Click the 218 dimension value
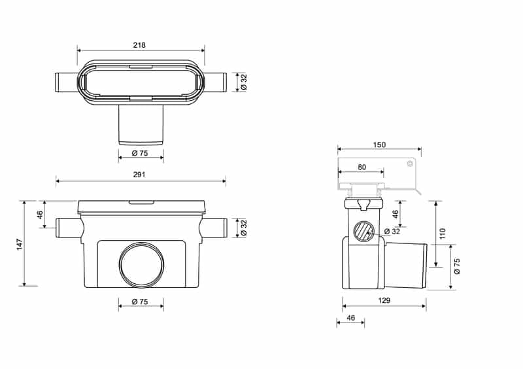(139, 44)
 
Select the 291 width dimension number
(139, 175)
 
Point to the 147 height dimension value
(20, 244)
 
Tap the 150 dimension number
(379, 145)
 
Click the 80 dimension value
(362, 167)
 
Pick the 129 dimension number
(384, 300)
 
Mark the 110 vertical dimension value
(443, 234)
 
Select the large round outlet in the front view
(141, 264)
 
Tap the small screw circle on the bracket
(410, 164)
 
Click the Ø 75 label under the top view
(140, 153)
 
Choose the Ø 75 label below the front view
(140, 302)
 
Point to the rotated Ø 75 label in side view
(457, 266)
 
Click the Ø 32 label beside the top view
(244, 82)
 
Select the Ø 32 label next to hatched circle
(392, 231)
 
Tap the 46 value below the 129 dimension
(350, 318)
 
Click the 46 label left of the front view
(40, 215)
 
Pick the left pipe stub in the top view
(67, 82)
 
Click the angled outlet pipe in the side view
(406, 266)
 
